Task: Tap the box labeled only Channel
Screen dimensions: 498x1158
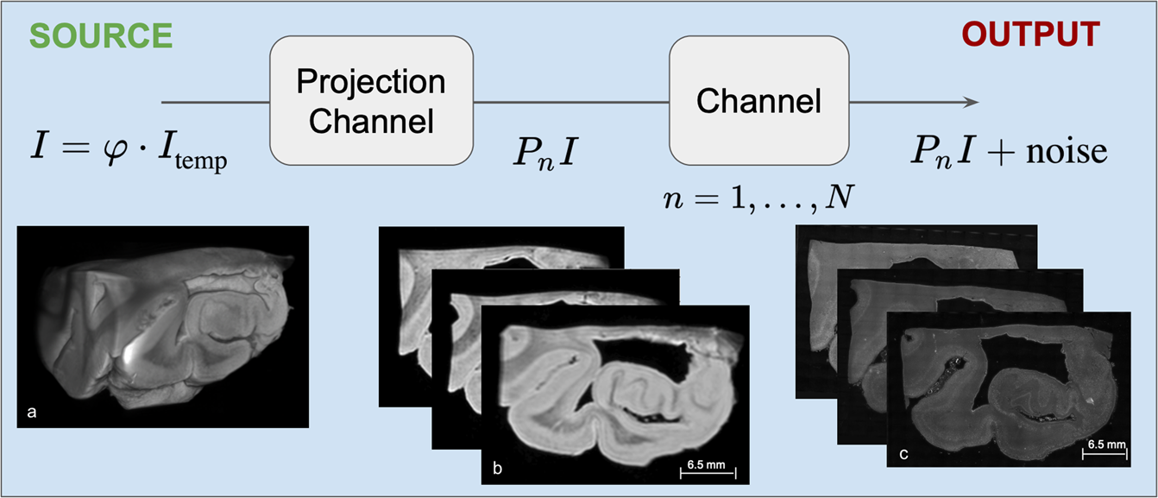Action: pos(759,102)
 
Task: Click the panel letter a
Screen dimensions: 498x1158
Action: pos(32,413)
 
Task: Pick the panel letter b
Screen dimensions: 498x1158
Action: pos(498,469)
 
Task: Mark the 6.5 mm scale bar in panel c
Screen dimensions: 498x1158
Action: pos(1105,448)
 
